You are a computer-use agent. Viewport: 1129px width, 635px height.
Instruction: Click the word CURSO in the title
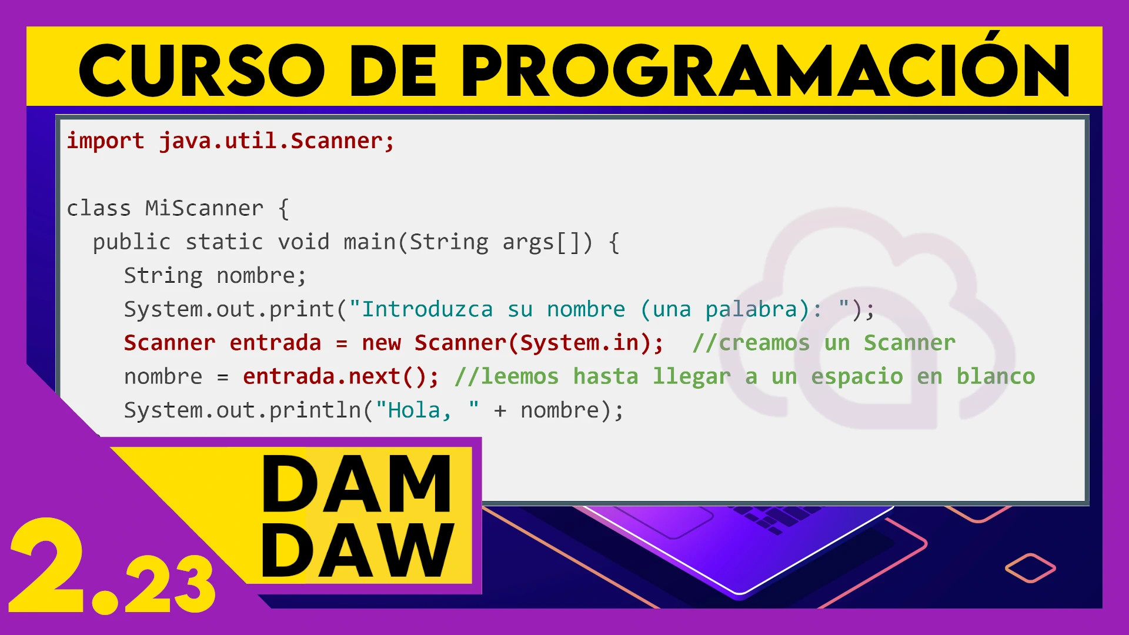[x=202, y=71]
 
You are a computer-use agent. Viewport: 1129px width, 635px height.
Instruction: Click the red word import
[x=105, y=142]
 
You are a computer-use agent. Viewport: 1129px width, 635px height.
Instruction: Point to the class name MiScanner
[x=204, y=208]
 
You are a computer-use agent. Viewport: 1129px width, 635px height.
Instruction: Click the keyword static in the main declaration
[x=224, y=242]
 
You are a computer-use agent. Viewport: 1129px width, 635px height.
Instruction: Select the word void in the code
[x=303, y=242]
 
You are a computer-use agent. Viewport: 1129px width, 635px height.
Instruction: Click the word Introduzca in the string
[x=427, y=309]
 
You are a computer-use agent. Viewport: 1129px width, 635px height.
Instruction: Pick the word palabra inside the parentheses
[x=751, y=310]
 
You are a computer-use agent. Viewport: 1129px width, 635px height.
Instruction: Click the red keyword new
[x=381, y=343]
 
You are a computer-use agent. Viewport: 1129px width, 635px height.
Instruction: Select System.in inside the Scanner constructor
[x=580, y=343]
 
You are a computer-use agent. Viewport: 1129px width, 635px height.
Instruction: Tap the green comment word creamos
[x=764, y=343]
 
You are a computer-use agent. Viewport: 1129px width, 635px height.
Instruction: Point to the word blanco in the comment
[x=996, y=376]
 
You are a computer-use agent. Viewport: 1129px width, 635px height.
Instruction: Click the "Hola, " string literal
[x=427, y=410]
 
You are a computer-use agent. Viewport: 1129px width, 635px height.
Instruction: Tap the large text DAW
[x=358, y=550]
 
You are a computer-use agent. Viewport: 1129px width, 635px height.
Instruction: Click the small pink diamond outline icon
[x=1030, y=568]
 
